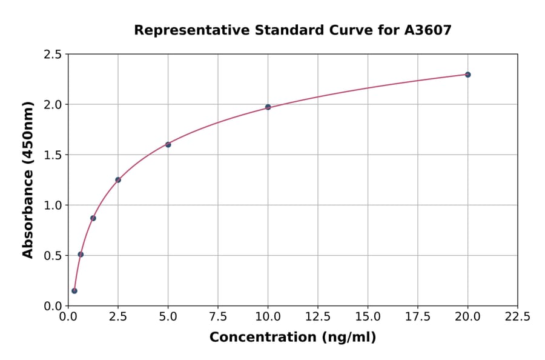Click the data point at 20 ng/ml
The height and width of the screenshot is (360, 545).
tap(467, 75)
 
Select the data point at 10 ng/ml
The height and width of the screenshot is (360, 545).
tap(268, 107)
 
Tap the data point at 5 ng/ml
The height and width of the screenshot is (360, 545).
tap(168, 144)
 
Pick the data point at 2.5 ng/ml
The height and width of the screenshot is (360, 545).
tap(118, 180)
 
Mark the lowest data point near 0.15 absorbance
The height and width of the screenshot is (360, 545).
tap(74, 291)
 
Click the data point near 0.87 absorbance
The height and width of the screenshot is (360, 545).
tap(93, 218)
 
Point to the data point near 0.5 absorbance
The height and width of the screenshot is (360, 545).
tap(81, 255)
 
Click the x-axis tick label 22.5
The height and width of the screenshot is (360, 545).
tap(517, 317)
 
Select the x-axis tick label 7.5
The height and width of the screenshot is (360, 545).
tap(218, 317)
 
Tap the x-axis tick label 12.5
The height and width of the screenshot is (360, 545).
tap(318, 317)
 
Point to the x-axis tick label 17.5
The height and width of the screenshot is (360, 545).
tap(418, 317)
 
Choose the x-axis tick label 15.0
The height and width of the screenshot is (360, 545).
tap(368, 317)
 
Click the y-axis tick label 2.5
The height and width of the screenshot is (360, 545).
tap(53, 55)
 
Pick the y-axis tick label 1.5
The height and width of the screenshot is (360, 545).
tap(53, 155)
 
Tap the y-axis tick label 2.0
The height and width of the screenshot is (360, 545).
tap(53, 105)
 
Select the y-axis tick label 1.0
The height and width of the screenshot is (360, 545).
tap(53, 205)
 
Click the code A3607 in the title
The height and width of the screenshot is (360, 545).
tap(428, 30)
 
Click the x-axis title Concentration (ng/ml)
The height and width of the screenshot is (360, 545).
tap(292, 338)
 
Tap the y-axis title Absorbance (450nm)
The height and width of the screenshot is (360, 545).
tap(28, 180)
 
